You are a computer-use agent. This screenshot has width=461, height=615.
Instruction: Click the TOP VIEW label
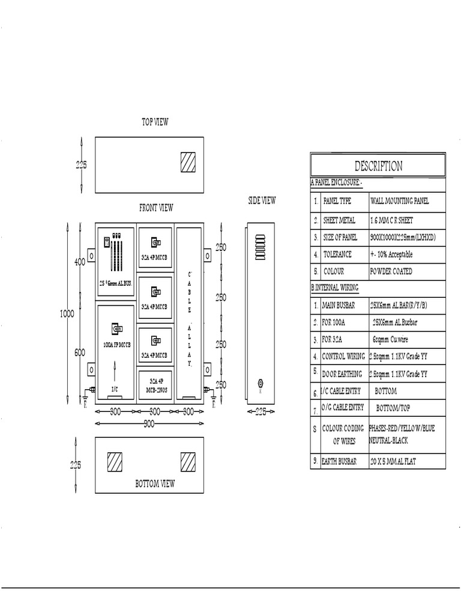click(x=155, y=122)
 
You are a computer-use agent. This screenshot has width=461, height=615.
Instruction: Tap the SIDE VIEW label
click(x=262, y=201)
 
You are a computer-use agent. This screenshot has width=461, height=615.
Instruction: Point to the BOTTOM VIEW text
click(x=155, y=483)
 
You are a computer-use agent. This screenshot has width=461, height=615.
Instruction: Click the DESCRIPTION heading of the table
click(x=378, y=166)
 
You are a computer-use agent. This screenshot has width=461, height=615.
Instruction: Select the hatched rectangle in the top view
click(x=188, y=162)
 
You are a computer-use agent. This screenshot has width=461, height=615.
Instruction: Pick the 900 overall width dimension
click(x=149, y=424)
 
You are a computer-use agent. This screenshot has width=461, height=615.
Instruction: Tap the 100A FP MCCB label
click(x=116, y=345)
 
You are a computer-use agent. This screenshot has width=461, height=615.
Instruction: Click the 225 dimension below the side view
click(x=261, y=412)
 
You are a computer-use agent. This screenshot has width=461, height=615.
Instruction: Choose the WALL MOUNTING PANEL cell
click(x=399, y=202)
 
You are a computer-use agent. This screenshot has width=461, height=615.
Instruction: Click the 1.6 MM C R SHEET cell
click(x=391, y=220)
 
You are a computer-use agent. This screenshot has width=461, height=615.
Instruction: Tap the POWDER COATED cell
click(x=391, y=271)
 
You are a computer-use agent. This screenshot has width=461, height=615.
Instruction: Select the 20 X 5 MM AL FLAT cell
click(x=394, y=461)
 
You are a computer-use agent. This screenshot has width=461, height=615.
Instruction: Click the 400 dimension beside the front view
click(x=79, y=262)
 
